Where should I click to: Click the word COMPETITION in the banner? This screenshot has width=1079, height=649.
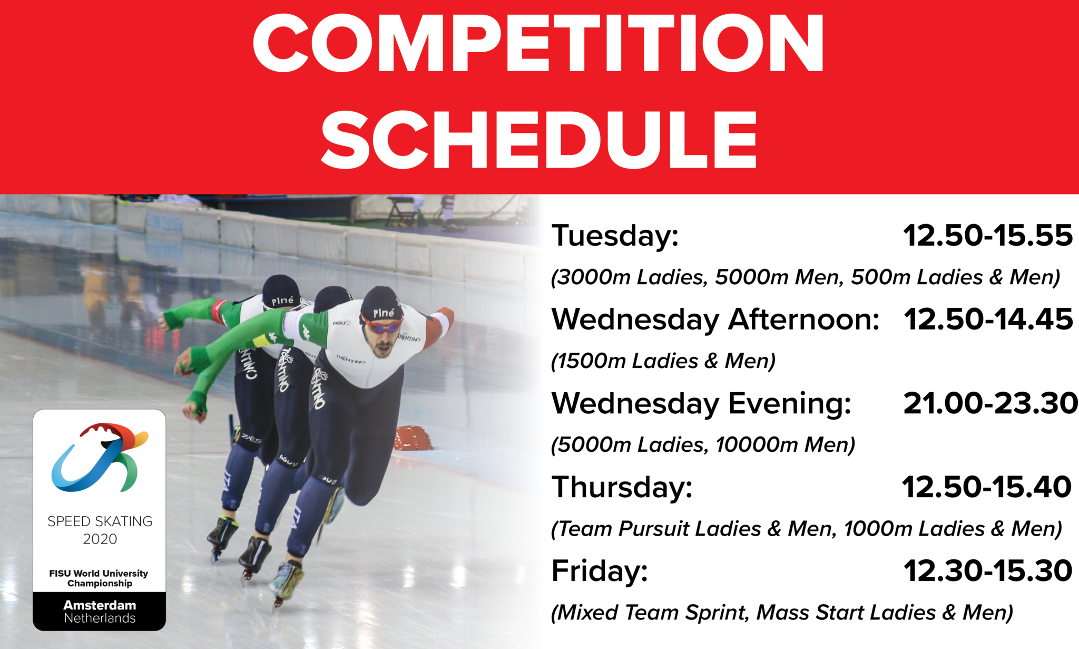tap(538, 43)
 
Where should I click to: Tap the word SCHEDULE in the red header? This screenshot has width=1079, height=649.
tap(538, 140)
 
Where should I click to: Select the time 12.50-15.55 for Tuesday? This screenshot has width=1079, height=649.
tap(988, 235)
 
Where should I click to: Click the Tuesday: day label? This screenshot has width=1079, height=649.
tap(615, 236)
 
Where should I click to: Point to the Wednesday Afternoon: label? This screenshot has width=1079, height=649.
tap(715, 319)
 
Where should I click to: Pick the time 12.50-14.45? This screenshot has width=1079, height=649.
tap(988, 319)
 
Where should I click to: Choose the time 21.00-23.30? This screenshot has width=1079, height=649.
tap(990, 403)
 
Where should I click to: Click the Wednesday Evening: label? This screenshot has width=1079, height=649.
tap(701, 404)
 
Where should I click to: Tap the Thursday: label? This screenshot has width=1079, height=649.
tap(622, 487)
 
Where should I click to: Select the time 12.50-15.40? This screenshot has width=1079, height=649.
tap(987, 487)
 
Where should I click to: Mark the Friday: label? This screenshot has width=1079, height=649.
tap(600, 571)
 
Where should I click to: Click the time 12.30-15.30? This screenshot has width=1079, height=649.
tap(988, 571)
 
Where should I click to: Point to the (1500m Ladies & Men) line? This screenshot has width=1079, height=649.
tap(663, 361)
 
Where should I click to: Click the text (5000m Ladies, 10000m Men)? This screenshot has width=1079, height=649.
tap(703, 445)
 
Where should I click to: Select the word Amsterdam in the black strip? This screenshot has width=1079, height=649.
tap(100, 605)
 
